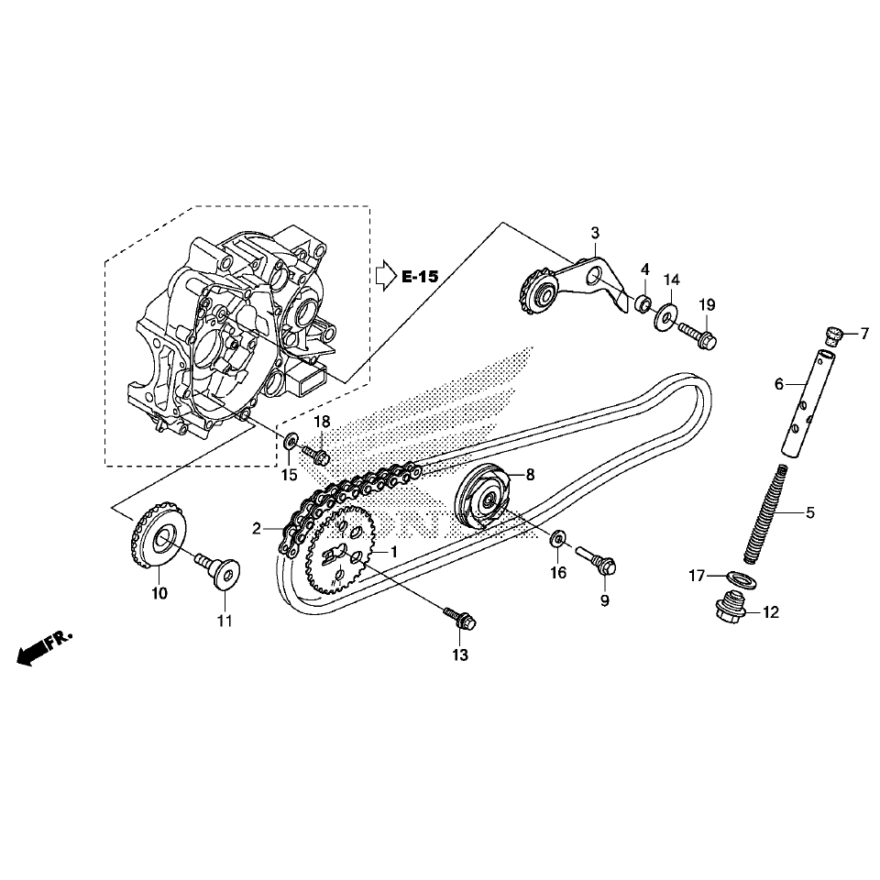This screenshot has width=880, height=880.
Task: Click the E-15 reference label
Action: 420,276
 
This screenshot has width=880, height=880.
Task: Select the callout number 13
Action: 459,654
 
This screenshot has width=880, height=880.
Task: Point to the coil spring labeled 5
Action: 764,513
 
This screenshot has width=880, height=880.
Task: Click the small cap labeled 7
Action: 835,335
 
